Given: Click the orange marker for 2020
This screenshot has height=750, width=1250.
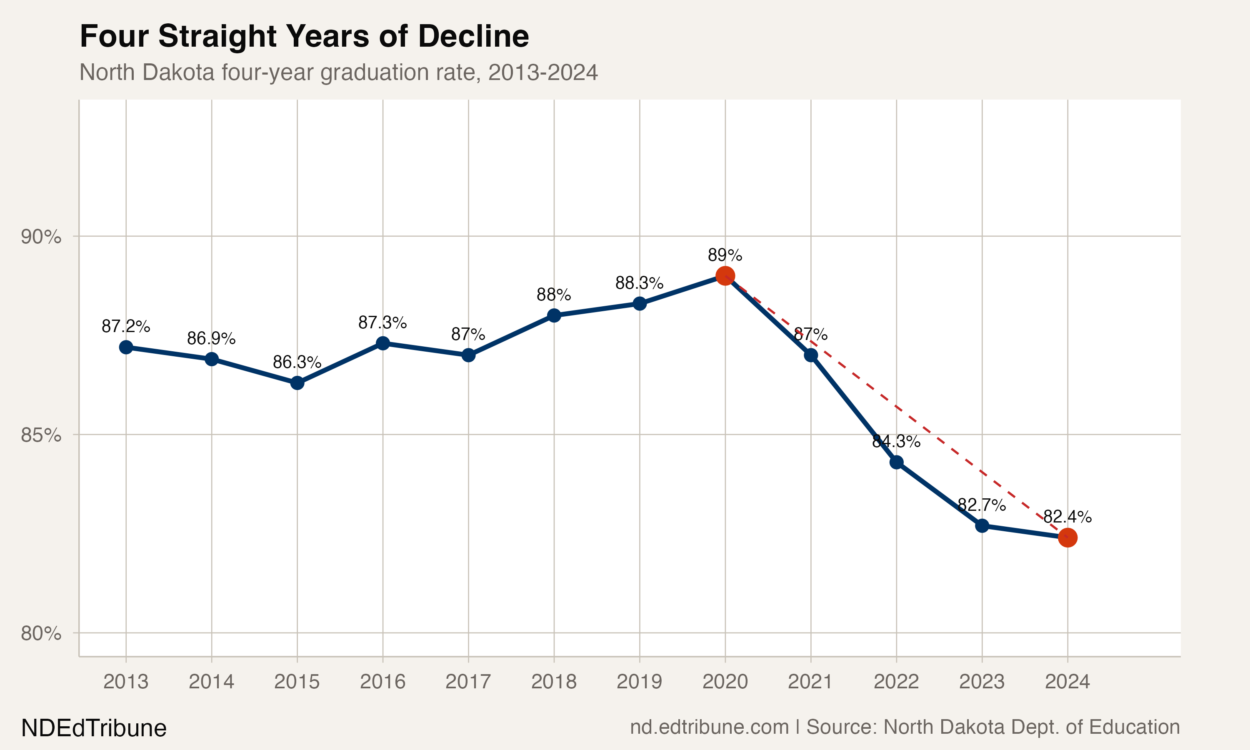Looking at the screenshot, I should (725, 276).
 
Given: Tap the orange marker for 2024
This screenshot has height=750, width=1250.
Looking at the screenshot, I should (1067, 538).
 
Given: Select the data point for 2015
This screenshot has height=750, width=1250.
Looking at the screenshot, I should (297, 383).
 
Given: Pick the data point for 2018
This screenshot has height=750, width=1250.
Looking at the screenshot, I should (554, 315).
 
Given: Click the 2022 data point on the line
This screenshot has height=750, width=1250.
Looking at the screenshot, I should (896, 462).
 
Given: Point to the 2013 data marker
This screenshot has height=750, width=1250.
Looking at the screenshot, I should (126, 347).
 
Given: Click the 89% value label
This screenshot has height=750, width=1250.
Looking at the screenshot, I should (725, 255).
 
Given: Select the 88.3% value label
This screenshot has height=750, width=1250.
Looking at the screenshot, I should (639, 283).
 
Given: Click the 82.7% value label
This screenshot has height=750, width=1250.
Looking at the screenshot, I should (982, 505).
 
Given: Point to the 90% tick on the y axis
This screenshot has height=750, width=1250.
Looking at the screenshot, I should (41, 237).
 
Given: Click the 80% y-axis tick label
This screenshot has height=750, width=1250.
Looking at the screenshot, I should (41, 633).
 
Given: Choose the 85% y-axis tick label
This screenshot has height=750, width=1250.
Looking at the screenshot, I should (41, 435).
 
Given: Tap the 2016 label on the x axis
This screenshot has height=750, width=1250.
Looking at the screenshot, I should (382, 682).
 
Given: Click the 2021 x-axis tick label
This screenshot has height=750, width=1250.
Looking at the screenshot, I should (810, 682).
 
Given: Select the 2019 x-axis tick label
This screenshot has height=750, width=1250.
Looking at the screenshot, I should (639, 682).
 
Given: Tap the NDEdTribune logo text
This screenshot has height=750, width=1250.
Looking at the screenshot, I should (94, 728).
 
